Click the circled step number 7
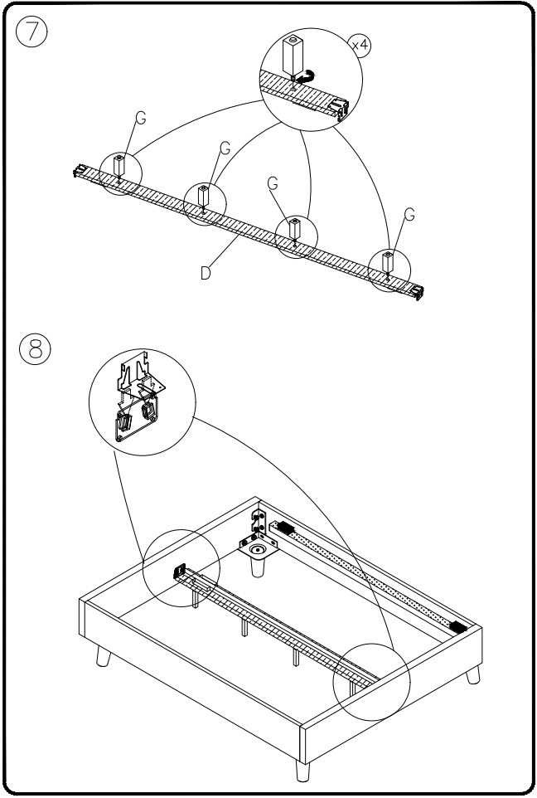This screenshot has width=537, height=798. click(32, 34)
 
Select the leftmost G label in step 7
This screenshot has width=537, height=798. click(140, 118)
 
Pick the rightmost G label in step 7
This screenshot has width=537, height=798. click(410, 214)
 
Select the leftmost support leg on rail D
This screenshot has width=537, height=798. click(119, 165)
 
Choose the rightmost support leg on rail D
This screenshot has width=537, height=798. click(387, 265)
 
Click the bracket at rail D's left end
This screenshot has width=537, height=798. click(79, 172)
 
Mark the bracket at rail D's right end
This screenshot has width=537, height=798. click(418, 291)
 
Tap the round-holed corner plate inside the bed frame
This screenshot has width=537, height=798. click(259, 548)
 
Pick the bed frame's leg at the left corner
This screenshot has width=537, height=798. click(103, 657)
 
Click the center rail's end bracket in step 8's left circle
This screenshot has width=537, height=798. click(178, 571)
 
